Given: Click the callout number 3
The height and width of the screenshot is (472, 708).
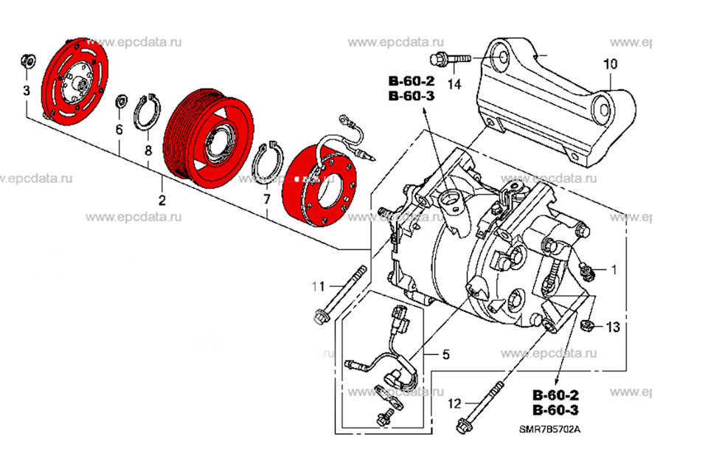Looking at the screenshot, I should pyautogui.click(x=27, y=91).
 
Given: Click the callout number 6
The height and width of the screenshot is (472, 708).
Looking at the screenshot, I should pyautogui.click(x=119, y=130).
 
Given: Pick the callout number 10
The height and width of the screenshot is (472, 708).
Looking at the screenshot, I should pyautogui.click(x=610, y=65).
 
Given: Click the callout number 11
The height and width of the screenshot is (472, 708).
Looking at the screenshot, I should pyautogui.click(x=317, y=285).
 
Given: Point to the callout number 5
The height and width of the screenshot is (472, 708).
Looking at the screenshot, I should pyautogui.click(x=445, y=355).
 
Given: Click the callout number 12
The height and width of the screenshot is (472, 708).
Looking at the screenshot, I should pyautogui.click(x=454, y=403).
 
